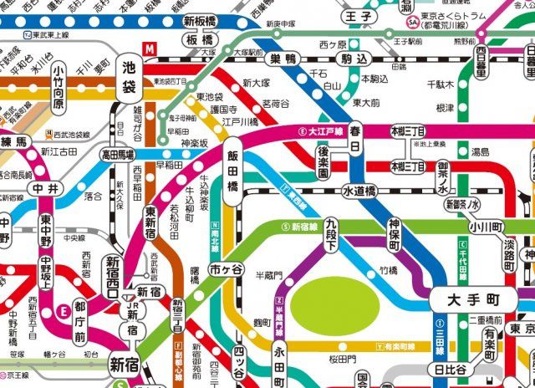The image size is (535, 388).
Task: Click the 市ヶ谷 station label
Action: click(226, 269)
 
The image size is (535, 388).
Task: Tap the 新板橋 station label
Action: click(201, 21)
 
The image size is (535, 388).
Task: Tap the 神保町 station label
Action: click(395, 236)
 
